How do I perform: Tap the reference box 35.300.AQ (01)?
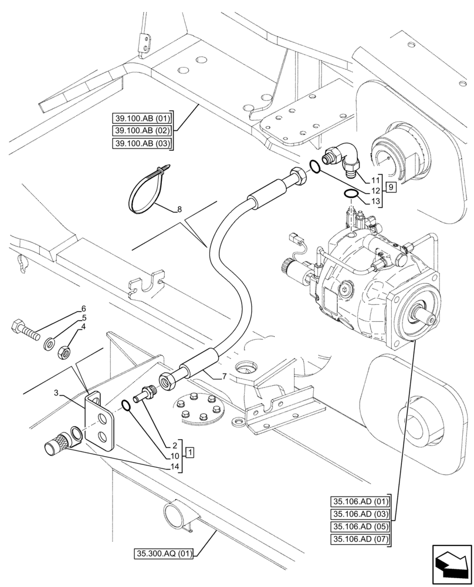pyautogui.click(x=166, y=552)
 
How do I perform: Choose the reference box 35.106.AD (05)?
pyautogui.click(x=360, y=525)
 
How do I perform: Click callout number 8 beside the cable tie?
pyautogui.click(x=179, y=208)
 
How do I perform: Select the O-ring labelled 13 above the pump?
pyautogui.click(x=351, y=194)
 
